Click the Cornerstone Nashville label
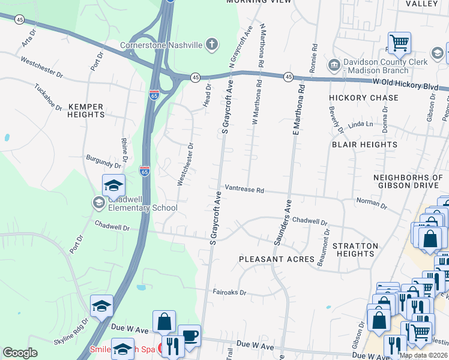point(161,44)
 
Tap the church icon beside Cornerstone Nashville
point(211,44)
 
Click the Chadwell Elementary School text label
point(142,203)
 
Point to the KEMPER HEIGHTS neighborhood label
point(86,110)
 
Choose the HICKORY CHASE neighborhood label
point(364,97)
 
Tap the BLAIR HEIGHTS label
point(364,145)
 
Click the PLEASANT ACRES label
point(277,259)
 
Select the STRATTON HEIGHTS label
point(356,250)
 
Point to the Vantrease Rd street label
point(244,190)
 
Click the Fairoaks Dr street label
point(229,292)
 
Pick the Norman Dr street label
point(372,203)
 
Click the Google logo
point(20,353)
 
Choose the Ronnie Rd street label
point(313,59)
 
